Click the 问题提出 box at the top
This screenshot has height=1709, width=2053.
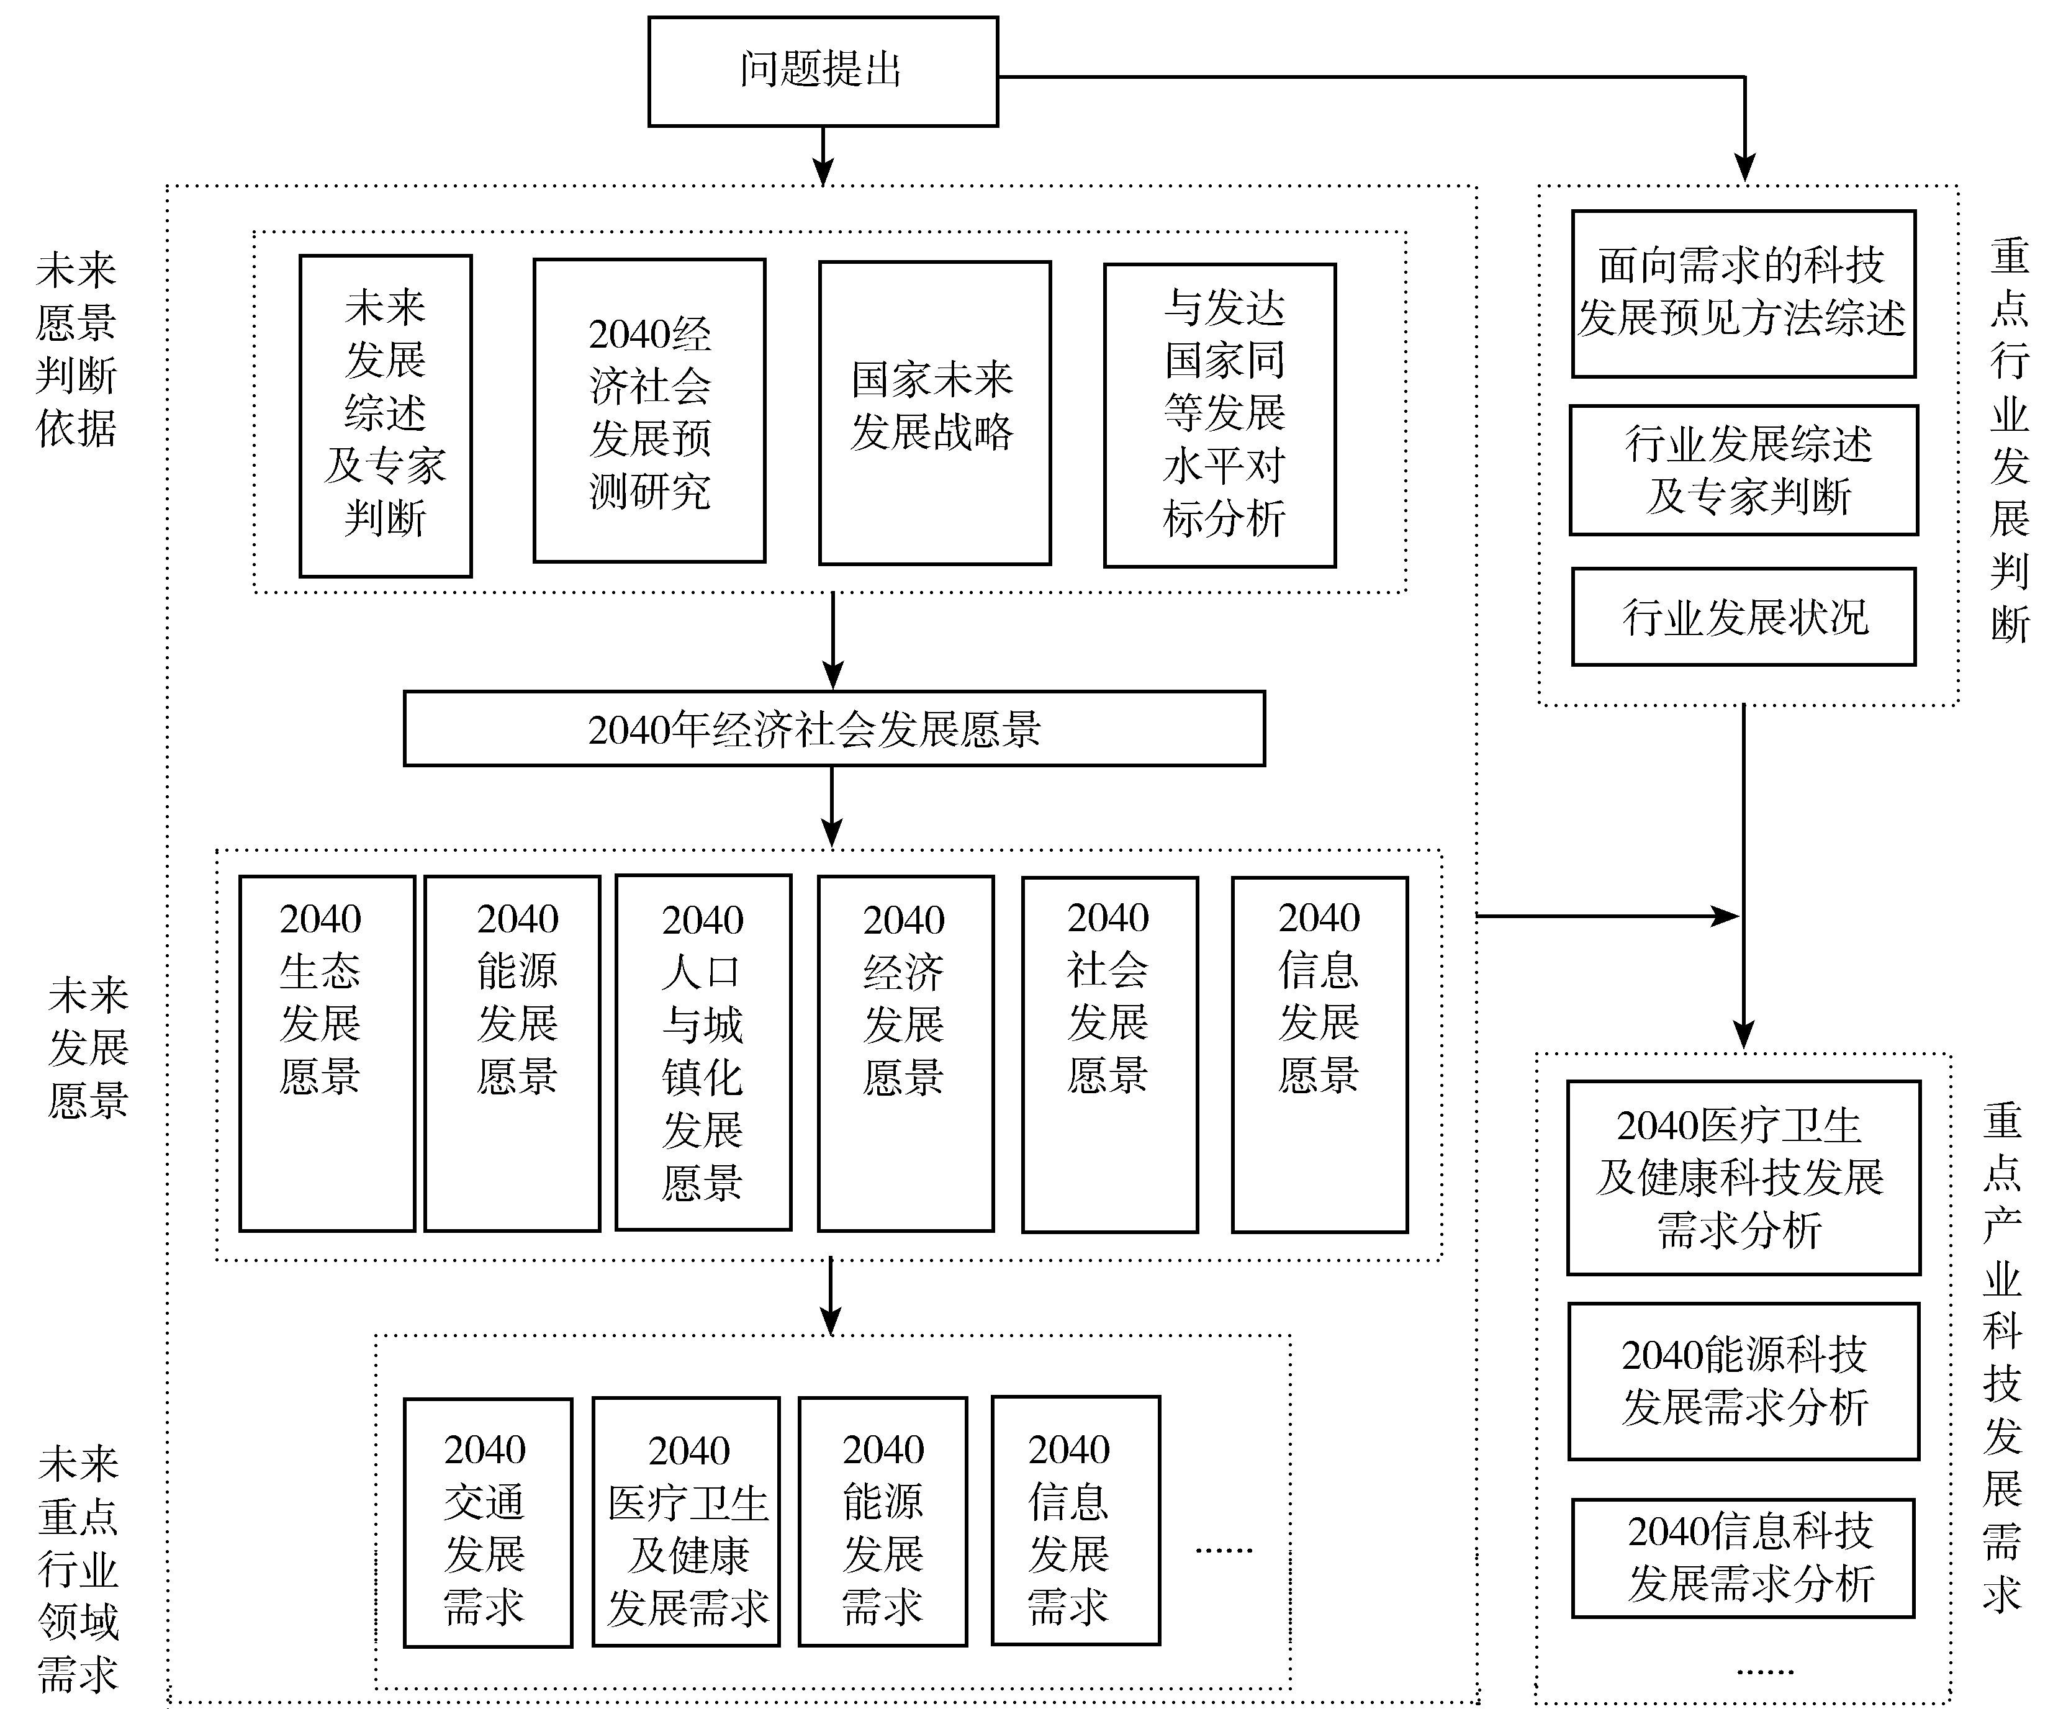823,71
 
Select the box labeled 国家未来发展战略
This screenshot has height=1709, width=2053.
934,413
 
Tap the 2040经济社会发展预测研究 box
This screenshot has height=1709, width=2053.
649,410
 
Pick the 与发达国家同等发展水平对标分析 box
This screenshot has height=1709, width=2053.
1220,415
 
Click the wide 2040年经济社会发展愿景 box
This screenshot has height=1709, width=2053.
834,728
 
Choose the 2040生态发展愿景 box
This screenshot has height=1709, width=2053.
327,1053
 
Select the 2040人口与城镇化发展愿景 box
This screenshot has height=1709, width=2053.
703,1052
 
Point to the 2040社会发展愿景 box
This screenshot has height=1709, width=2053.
1109,1054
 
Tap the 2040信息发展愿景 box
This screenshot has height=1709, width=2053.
1320,1054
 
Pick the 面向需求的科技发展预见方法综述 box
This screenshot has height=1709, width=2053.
1743,293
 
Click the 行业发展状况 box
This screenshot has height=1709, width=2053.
1743,617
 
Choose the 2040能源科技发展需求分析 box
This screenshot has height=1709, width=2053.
1744,1381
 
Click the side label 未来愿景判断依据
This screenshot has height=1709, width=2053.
76,349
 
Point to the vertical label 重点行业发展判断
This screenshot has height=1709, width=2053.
2010,440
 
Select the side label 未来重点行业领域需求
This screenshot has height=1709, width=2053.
78,1569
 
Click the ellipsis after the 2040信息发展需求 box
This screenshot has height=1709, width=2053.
1224,1549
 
